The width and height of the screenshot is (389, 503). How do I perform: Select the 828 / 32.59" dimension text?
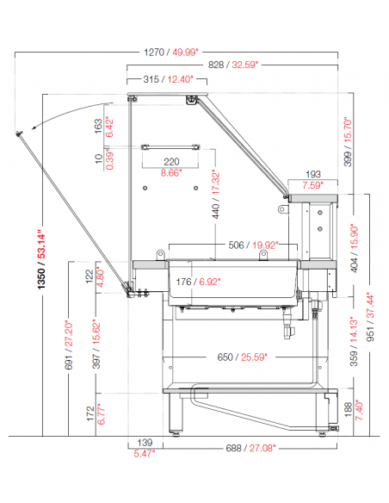pos(233,65)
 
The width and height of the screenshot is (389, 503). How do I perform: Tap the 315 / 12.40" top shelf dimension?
pos(168,79)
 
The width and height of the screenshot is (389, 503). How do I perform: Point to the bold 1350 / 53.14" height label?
pos(41,258)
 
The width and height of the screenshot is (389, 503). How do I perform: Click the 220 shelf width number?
pos(171,162)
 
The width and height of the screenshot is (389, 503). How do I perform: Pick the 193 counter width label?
pos(313,174)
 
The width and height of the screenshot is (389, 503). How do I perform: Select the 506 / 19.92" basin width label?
pos(253,245)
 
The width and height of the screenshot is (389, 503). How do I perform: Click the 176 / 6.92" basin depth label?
pos(198,282)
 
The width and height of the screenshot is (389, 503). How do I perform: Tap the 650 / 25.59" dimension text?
pos(242,357)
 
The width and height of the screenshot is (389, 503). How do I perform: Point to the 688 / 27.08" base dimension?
pos(251,448)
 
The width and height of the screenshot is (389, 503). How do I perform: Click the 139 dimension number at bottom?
pos(145,443)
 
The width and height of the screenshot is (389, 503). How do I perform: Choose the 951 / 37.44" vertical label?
pos(370,317)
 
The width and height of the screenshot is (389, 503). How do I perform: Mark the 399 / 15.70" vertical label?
pos(348,141)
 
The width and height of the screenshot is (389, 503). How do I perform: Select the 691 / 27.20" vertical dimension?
pos(69,345)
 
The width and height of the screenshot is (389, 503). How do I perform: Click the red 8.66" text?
pos(171,173)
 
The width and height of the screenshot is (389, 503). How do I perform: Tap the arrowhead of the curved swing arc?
pos(34,127)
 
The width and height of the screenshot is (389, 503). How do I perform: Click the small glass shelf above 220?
pos(170,147)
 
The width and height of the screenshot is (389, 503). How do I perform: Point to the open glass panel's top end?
pos(19,134)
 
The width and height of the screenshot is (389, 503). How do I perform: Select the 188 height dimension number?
pos(348,410)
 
